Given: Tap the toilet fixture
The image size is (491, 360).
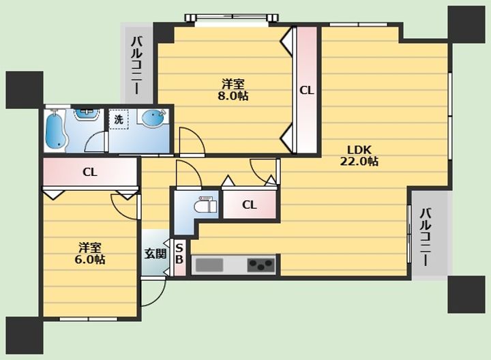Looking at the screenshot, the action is pyautogui.click(x=205, y=205).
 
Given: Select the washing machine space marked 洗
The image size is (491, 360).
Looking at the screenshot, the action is pyautogui.click(x=119, y=119).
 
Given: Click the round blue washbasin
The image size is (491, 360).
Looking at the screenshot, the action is pyautogui.click(x=153, y=117).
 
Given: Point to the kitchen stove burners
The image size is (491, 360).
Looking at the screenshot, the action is pyautogui.click(x=261, y=265).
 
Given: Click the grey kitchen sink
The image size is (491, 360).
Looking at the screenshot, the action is pyautogui.click(x=209, y=265).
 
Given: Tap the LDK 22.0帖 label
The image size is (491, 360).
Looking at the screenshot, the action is pyautogui.click(x=359, y=155).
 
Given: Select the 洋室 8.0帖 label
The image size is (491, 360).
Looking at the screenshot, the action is pyautogui.click(x=233, y=90).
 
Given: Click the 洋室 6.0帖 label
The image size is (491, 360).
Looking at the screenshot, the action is pyautogui.click(x=90, y=254).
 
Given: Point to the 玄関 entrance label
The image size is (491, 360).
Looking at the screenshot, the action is pyautogui.click(x=155, y=253).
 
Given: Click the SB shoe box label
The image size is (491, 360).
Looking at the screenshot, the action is pyautogui.click(x=179, y=254).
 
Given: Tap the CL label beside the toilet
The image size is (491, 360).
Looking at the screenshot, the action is pyautogui.click(x=250, y=205).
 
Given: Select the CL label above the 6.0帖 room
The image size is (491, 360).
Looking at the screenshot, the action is pyautogui.click(x=90, y=172).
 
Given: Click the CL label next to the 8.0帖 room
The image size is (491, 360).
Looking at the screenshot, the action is pyautogui.click(x=307, y=91).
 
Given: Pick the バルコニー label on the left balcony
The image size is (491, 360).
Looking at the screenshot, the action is pyautogui.click(x=136, y=65).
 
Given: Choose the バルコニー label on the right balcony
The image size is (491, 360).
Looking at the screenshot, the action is pyautogui.click(x=426, y=237).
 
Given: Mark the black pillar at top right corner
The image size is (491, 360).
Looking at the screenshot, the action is pyautogui.click(x=466, y=25).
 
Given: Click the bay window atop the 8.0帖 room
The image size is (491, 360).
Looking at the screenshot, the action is pyautogui.click(x=231, y=18).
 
